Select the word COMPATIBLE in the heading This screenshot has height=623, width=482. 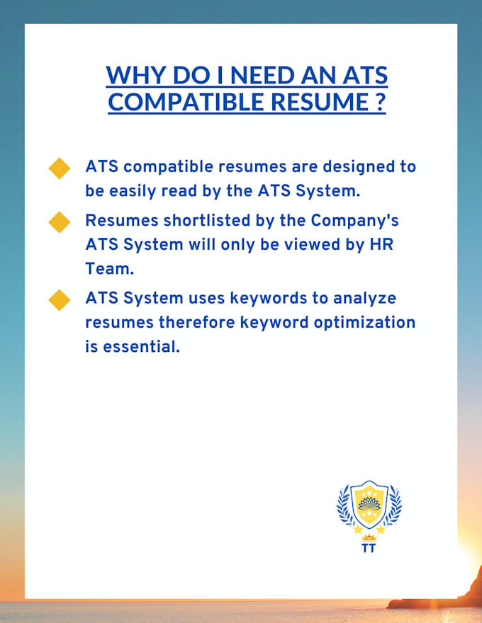(x=186, y=101)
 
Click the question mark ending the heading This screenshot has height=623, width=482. (x=380, y=101)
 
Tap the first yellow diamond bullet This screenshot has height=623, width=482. (x=60, y=168)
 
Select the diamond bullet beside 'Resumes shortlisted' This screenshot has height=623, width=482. (x=60, y=222)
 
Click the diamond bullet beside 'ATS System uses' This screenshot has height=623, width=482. (x=60, y=300)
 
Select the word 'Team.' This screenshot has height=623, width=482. (x=109, y=269)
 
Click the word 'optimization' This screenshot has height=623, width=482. (x=364, y=323)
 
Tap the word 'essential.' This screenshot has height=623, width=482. (x=141, y=347)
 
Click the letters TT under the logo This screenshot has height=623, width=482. (x=369, y=548)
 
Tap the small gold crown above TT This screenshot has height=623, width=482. (x=369, y=538)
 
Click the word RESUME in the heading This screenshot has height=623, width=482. (x=320, y=101)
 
